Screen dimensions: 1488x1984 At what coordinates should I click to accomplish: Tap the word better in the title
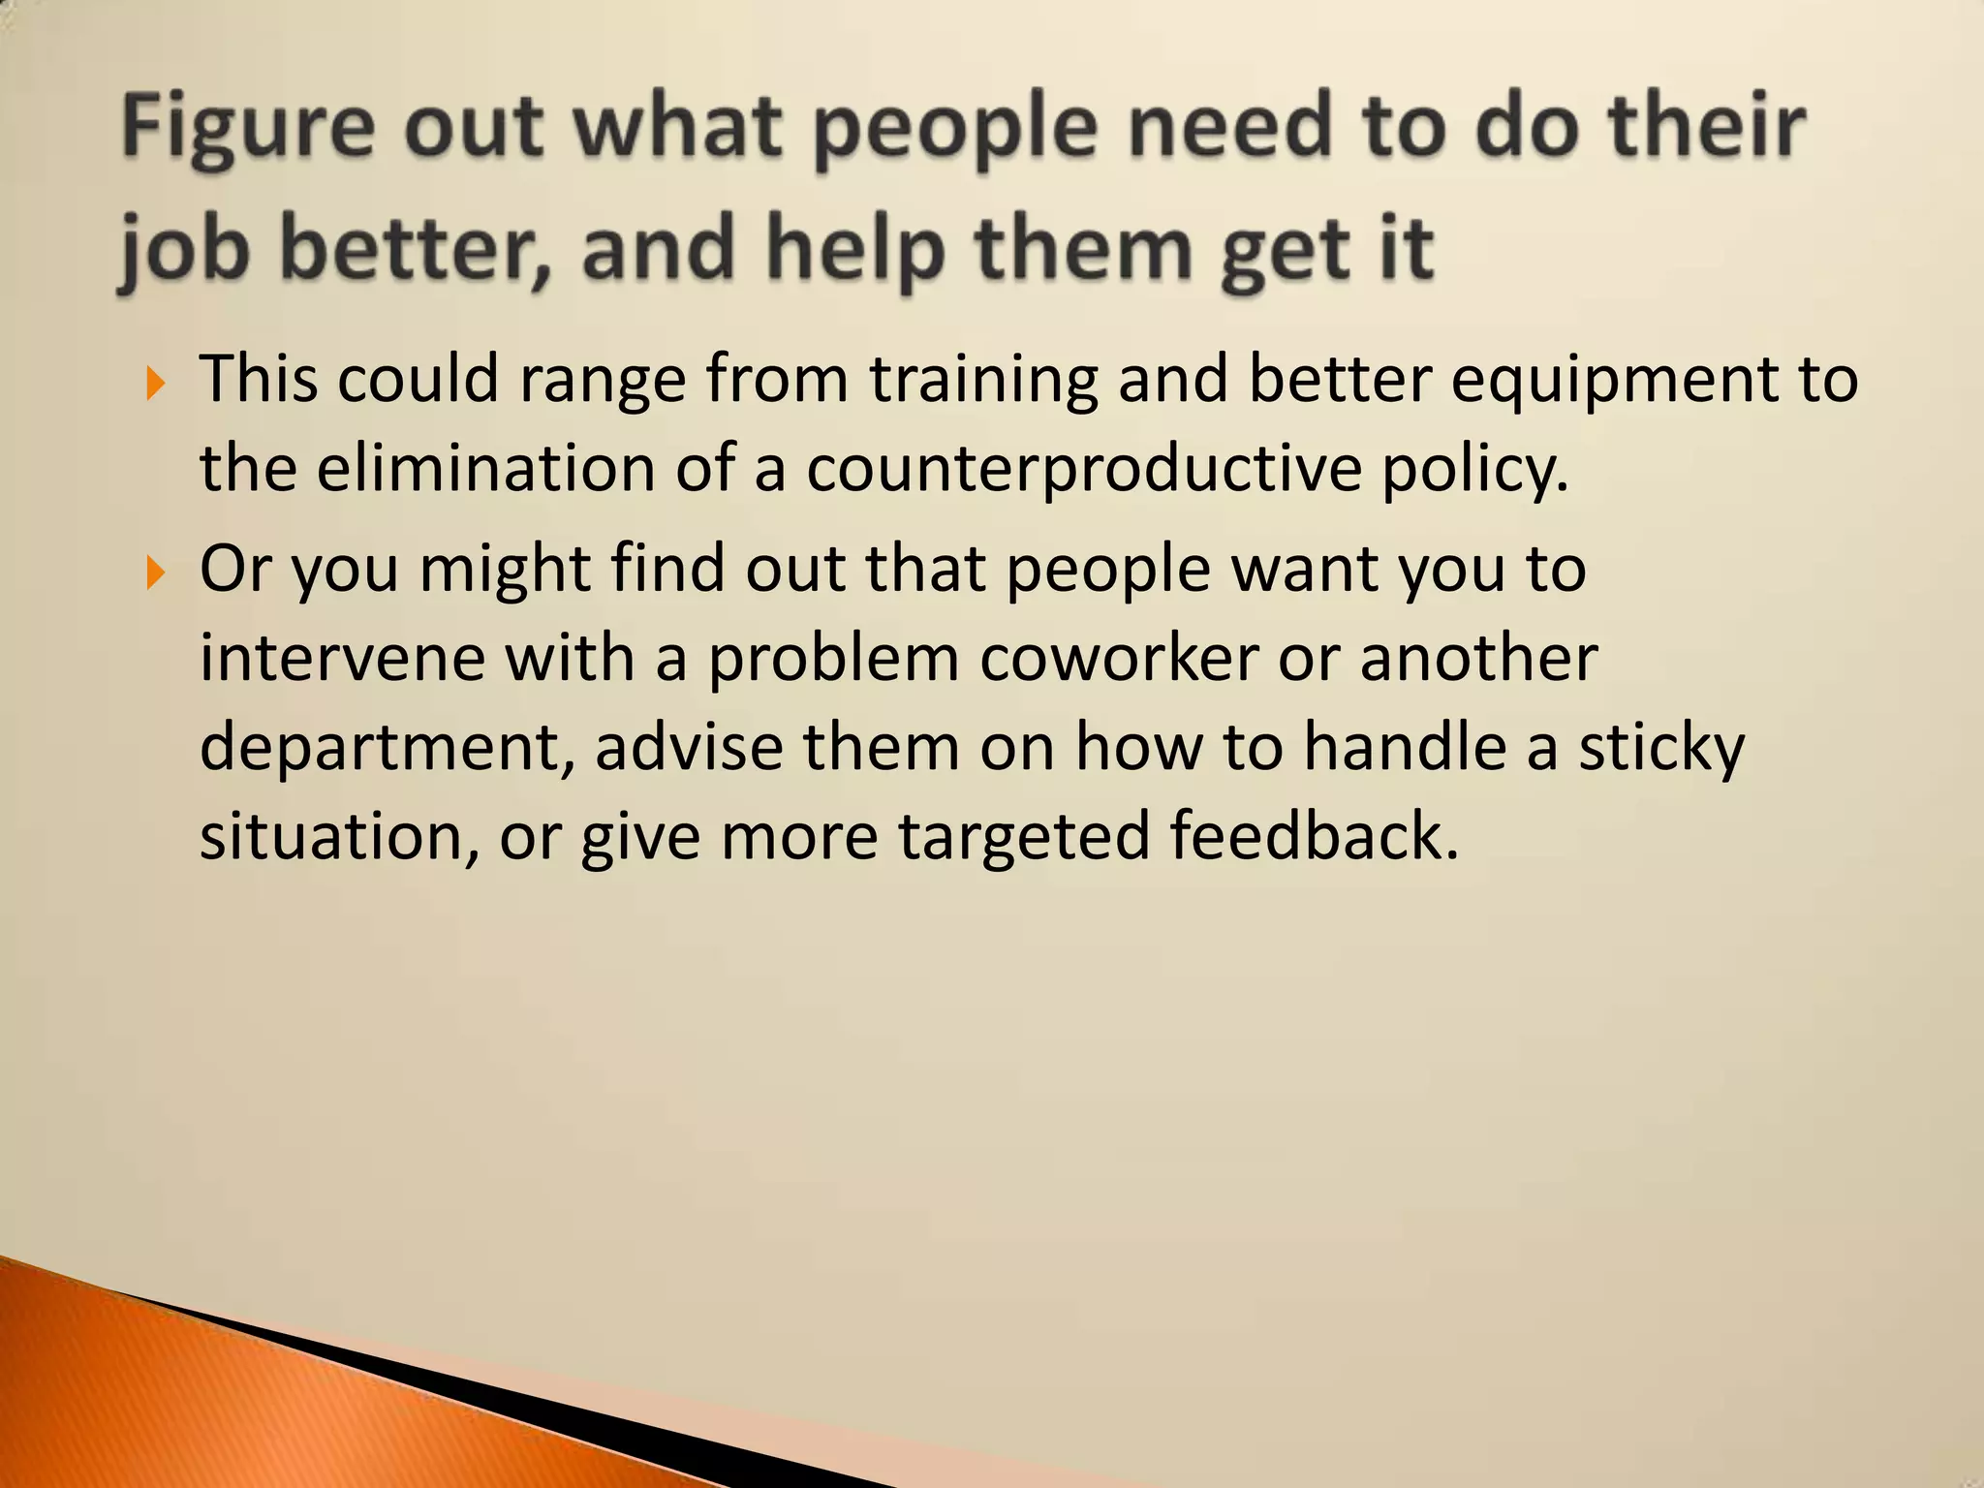tap(415, 248)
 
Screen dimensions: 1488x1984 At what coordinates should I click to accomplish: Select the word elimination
tap(486, 468)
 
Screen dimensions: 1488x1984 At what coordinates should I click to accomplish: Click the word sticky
tap(1661, 749)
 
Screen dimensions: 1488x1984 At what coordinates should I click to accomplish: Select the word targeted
tap(1024, 838)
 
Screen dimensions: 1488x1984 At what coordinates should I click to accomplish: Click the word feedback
tap(1314, 836)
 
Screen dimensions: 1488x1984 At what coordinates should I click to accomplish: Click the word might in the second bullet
tap(505, 570)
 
